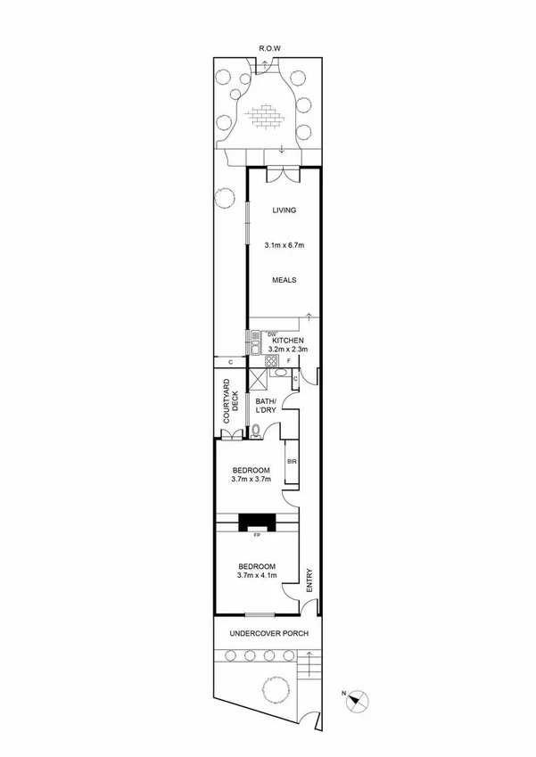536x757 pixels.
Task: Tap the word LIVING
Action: coord(284,210)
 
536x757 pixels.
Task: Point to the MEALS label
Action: coord(284,279)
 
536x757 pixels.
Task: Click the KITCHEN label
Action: coord(288,341)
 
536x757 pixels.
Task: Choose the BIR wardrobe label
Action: coord(291,461)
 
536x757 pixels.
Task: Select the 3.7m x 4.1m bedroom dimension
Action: coord(257,576)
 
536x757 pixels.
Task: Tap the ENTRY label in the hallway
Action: coord(309,580)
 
